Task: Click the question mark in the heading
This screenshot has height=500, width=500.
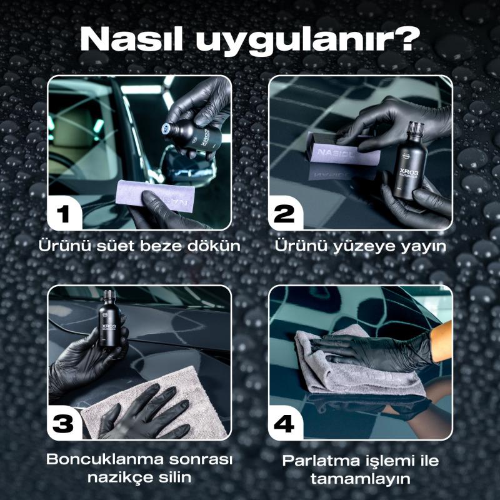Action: coord(403,38)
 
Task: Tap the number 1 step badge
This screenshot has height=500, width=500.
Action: coord(63,213)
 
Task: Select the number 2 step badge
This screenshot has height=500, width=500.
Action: coord(284,213)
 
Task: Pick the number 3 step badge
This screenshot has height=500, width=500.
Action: coord(63,424)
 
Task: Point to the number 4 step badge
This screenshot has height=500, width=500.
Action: coord(284,424)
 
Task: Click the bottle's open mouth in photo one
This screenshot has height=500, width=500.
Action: coord(166,128)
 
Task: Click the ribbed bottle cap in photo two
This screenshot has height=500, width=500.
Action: coord(416,129)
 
